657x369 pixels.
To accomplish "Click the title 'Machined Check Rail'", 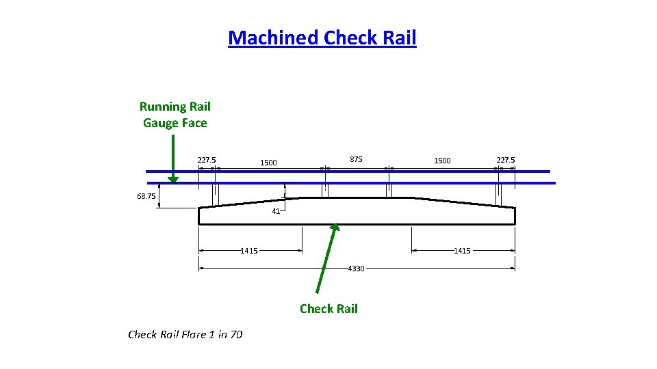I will (322, 38).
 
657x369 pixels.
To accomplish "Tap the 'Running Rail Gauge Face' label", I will (175, 115).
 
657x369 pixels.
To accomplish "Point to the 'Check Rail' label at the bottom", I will (328, 309).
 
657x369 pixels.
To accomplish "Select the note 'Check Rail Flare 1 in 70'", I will (185, 334).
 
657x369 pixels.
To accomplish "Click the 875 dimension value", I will (356, 160).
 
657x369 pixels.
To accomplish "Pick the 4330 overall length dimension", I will (356, 269).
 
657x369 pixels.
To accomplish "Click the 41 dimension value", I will (276, 211).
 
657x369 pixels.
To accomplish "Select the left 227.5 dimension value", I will (207, 161).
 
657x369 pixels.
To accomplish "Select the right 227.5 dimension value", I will (506, 161).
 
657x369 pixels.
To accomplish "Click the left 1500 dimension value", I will (268, 163).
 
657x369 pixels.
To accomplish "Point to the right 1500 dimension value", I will (442, 161).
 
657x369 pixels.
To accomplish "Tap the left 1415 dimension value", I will (249, 251).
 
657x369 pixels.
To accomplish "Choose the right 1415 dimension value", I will (462, 251).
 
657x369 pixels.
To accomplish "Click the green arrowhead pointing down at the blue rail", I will (173, 179).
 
